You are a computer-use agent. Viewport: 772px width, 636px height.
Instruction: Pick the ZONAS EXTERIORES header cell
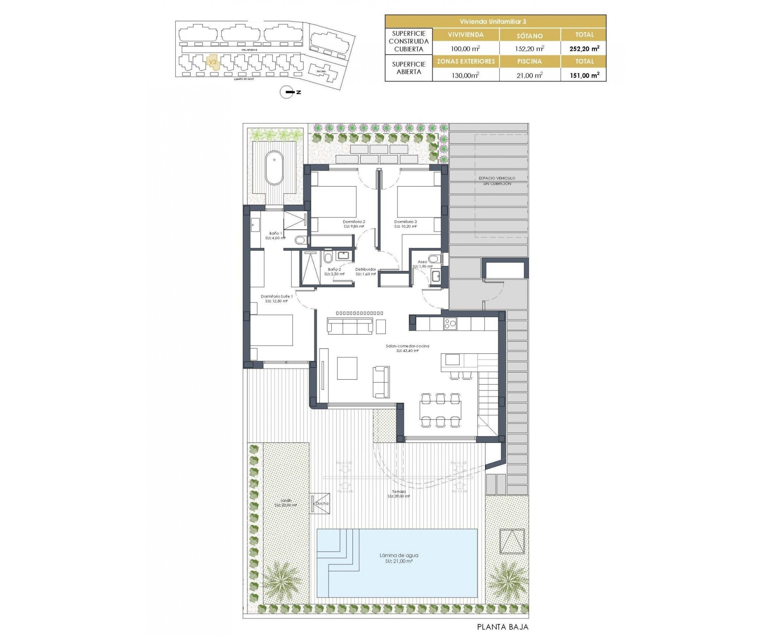point(466,62)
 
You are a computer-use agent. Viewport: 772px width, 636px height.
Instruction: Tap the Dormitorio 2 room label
point(353,224)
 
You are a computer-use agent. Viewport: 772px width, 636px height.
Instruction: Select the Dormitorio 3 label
point(405,224)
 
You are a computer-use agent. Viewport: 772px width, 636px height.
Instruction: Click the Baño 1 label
point(275,235)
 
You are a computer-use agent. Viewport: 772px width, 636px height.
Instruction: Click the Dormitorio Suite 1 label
point(276,298)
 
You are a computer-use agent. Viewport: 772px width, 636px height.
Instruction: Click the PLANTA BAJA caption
point(503,627)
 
